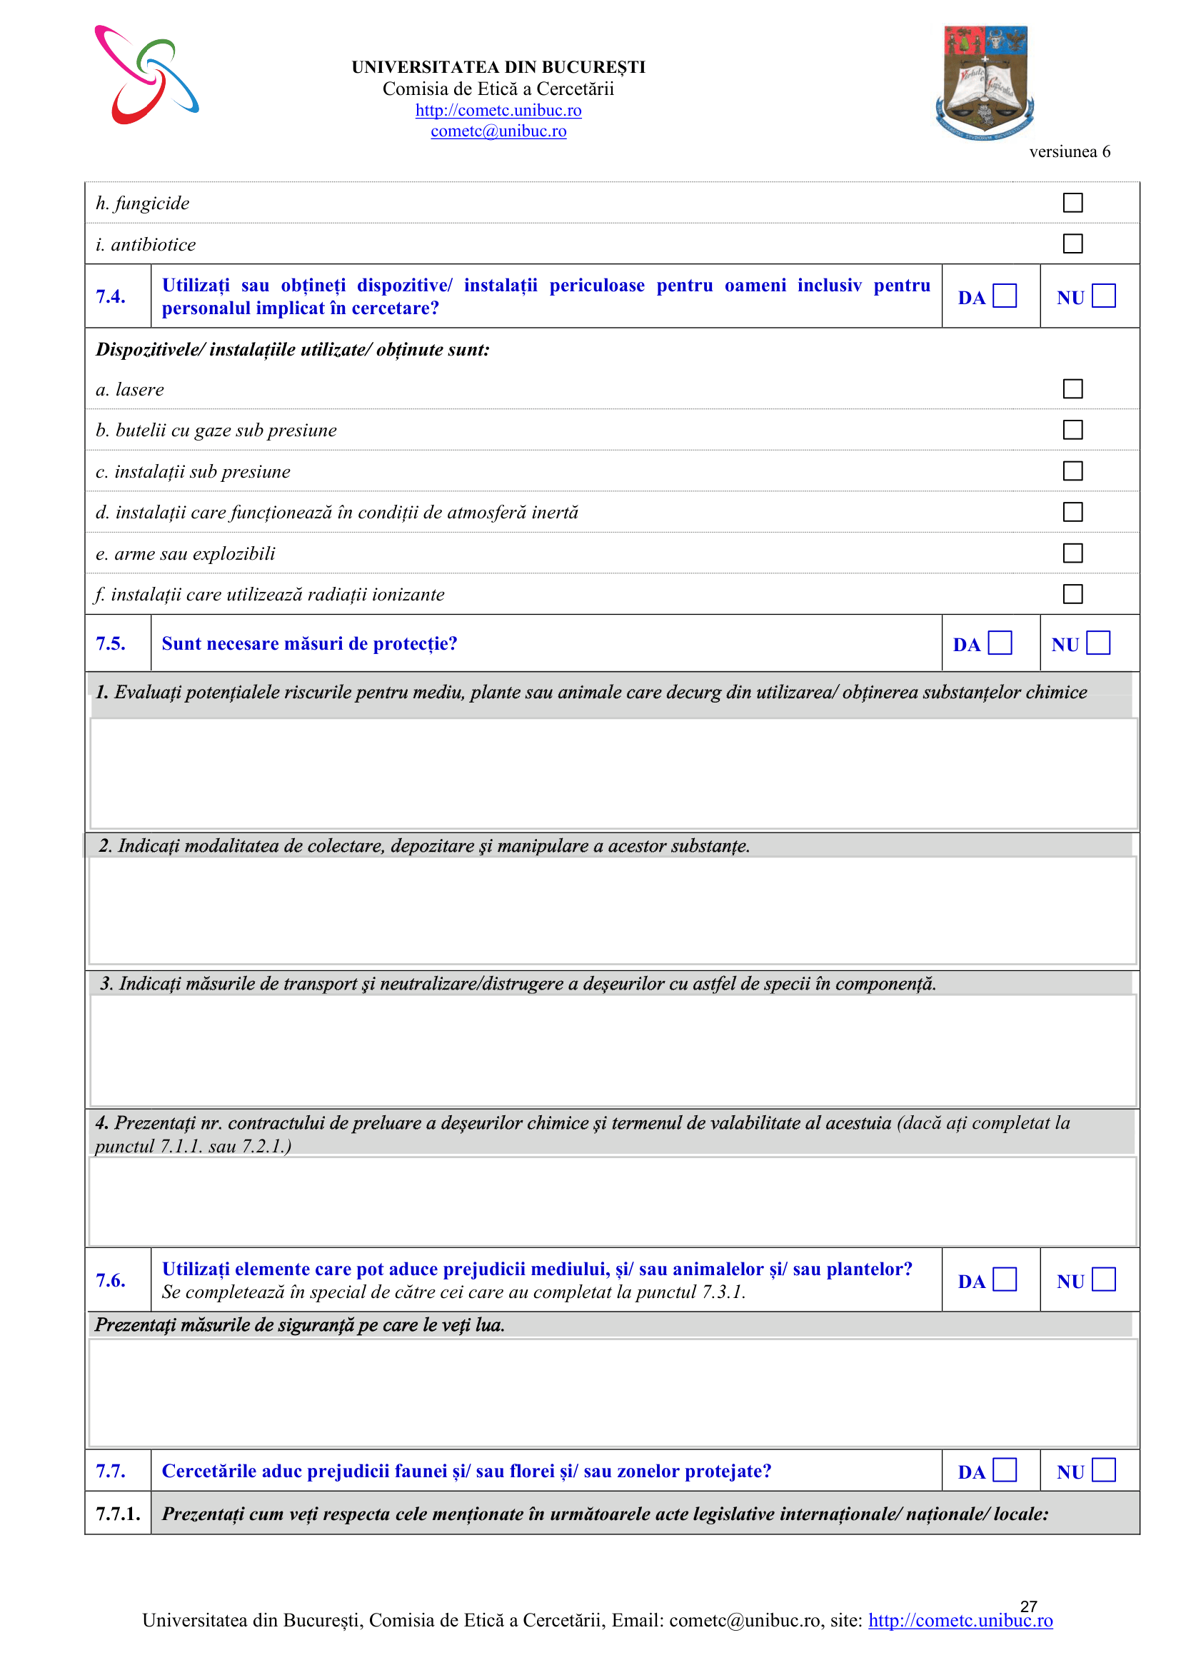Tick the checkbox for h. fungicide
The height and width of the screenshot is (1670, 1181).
[x=1072, y=202]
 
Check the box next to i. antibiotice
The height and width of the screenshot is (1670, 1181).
[x=1072, y=243]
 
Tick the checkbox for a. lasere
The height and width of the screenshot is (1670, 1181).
[x=1072, y=388]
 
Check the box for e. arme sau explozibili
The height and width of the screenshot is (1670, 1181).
[x=1072, y=553]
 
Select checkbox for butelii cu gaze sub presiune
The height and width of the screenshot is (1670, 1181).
[x=1072, y=430]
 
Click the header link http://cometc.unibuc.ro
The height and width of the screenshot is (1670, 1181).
[x=498, y=110]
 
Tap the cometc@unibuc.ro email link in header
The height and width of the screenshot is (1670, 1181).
[x=498, y=131]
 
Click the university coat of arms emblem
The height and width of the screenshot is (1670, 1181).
[x=985, y=82]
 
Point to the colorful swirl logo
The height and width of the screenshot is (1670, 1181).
[x=146, y=75]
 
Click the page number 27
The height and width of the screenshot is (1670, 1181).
[x=1028, y=1606]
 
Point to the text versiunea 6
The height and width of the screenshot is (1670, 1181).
[x=1069, y=151]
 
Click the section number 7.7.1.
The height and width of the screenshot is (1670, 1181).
[x=118, y=1514]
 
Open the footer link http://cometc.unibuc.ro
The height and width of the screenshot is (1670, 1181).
[x=960, y=1621]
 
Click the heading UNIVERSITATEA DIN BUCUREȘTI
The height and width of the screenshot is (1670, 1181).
[x=498, y=67]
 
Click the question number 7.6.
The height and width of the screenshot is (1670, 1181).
[x=111, y=1280]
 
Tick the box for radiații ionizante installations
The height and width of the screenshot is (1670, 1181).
[x=1072, y=594]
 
